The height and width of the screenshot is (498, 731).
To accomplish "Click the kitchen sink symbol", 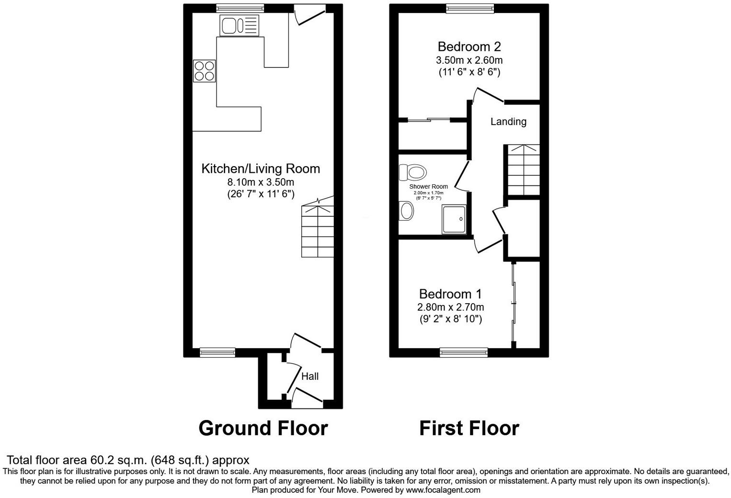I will click(x=239, y=25).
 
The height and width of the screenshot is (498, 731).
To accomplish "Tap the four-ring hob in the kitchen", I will click(x=204, y=70).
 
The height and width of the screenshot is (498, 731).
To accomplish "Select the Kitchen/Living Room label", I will click(x=261, y=169).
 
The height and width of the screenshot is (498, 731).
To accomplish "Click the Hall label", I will click(x=310, y=376).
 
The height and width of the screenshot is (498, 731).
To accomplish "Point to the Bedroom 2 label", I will click(x=469, y=46).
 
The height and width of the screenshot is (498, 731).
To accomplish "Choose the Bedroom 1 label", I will click(x=450, y=294).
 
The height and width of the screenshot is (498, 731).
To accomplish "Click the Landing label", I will click(x=508, y=122).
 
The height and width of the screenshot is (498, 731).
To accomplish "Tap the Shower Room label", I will click(x=428, y=187).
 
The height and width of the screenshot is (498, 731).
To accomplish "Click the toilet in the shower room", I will click(x=413, y=171).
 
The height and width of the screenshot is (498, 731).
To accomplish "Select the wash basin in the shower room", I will click(x=407, y=210).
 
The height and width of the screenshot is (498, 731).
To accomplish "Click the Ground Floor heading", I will click(x=263, y=428).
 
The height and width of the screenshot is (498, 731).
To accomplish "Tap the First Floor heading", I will click(x=469, y=428).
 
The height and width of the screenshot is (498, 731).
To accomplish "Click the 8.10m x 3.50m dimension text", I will click(x=261, y=182).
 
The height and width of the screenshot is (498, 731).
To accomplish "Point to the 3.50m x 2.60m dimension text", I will click(x=469, y=60).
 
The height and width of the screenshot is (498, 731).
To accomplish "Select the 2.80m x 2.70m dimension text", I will click(x=450, y=307).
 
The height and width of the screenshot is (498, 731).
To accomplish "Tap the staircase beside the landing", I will click(x=523, y=170).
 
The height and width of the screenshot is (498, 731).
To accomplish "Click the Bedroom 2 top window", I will click(x=469, y=8).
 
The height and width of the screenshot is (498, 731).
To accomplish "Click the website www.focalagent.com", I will click(x=443, y=490).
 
